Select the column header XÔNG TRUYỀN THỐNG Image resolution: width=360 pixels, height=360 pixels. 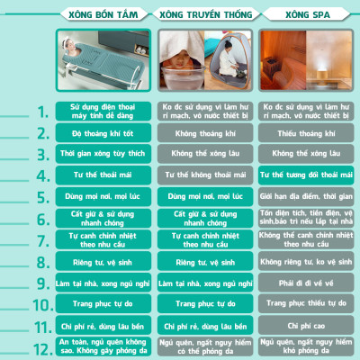(x=206, y=15)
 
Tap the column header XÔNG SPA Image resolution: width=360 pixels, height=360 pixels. (x=304, y=15)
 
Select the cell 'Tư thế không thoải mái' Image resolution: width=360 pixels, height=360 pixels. (x=206, y=175)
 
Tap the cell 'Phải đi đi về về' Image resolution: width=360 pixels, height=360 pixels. (x=304, y=283)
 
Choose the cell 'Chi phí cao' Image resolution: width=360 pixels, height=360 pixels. (x=304, y=325)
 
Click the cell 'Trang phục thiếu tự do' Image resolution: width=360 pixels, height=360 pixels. (x=304, y=303)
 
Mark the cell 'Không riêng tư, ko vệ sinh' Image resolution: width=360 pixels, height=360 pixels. (x=304, y=261)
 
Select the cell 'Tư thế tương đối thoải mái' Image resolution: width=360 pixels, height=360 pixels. (x=304, y=175)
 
